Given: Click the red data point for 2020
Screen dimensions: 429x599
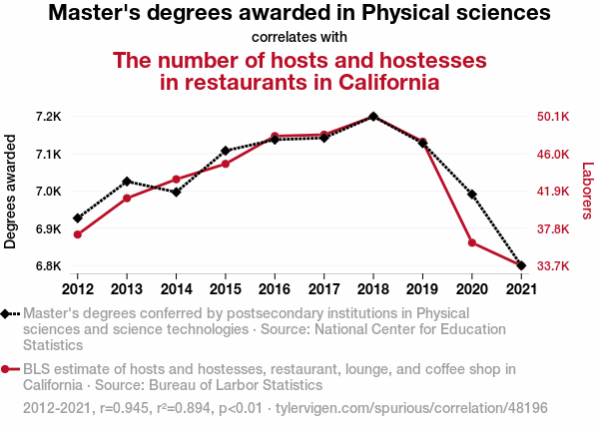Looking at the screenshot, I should pos(471,242).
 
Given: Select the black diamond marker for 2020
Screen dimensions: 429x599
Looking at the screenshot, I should pos(471,195).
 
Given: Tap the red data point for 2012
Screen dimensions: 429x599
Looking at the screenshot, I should pos(78,234).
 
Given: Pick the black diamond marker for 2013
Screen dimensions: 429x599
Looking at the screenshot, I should pos(127,182).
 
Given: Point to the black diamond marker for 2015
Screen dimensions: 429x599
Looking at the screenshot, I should pos(226,151).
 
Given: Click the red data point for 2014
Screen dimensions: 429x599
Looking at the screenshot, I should pos(176,180).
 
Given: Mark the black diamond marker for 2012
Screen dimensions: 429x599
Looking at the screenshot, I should pos(78,217).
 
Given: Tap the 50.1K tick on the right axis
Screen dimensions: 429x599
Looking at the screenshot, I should pos(553,117).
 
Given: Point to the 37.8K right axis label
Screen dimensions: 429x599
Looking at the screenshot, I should pos(553,229).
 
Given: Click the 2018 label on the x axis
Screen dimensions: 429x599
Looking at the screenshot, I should pos(372,289).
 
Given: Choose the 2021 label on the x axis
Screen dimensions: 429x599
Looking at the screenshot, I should pos(520,289).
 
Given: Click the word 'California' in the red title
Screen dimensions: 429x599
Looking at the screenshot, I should pos(382,82).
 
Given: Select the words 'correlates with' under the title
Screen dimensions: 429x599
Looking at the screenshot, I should pos(299,38).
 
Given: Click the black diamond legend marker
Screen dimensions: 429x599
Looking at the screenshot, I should pos(8,313).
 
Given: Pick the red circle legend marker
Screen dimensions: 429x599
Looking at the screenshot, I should pos(8,369).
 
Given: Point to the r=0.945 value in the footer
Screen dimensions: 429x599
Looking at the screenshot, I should pos(117,409).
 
